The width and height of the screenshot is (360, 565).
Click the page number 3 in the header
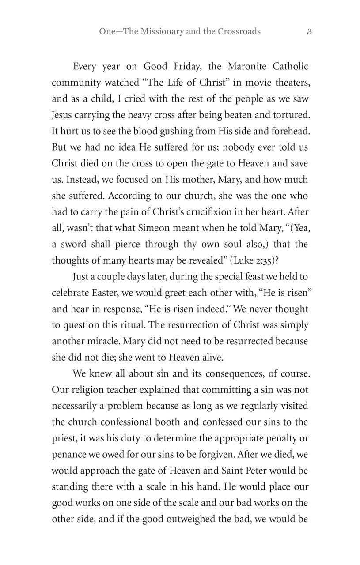(x=310, y=31)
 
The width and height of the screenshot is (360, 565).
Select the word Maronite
(x=248, y=67)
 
